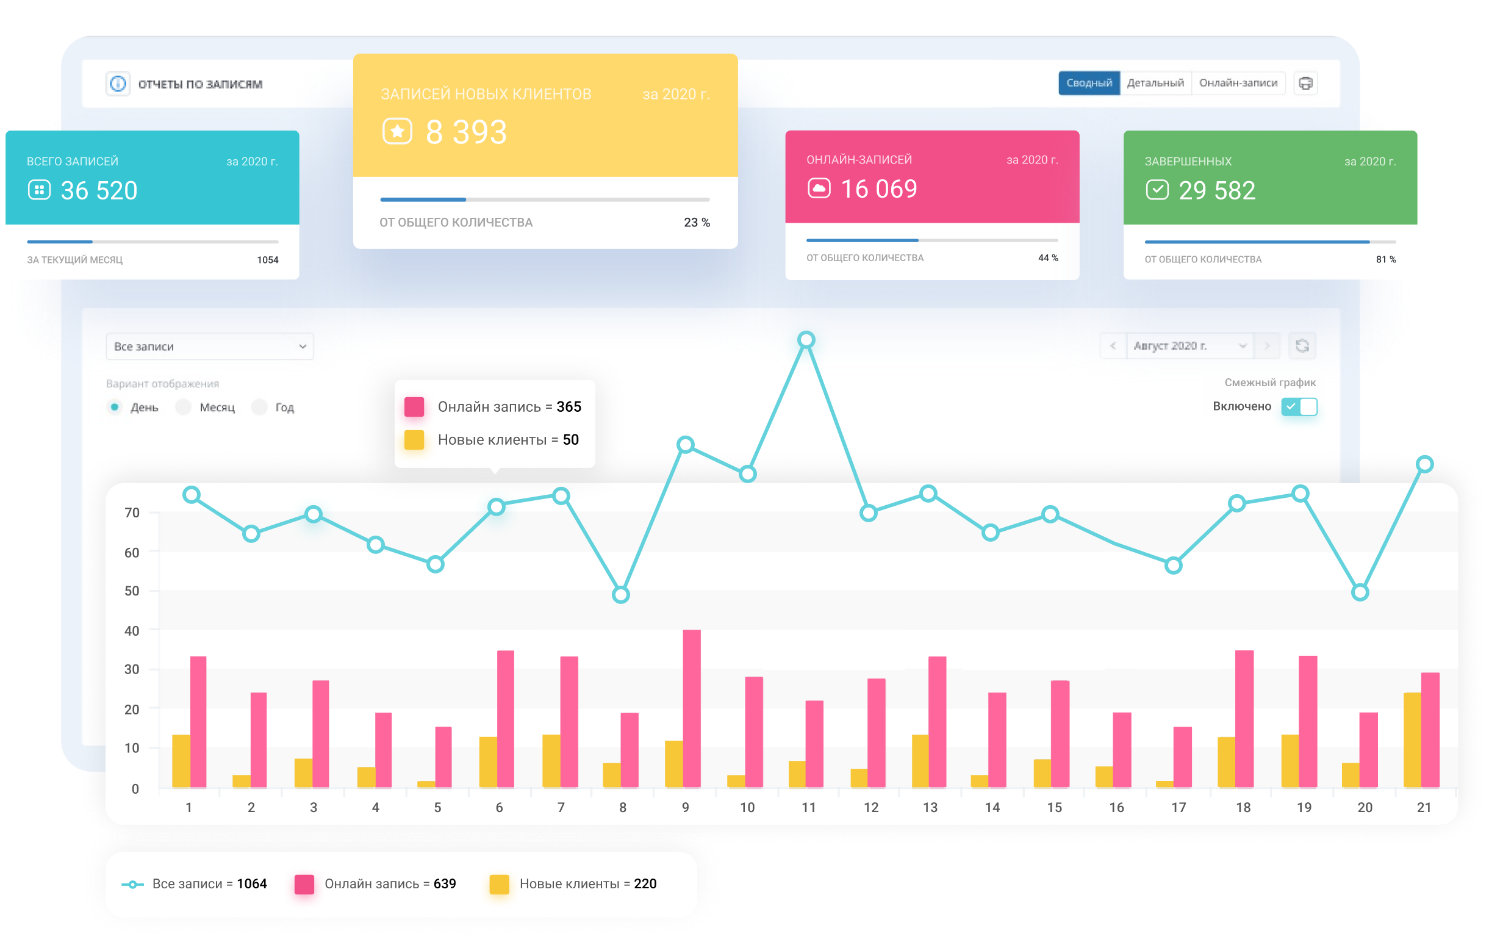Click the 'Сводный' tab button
coord(1088,83)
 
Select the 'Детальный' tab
coord(1155,83)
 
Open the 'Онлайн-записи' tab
coord(1237,83)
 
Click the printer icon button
coord(1305,83)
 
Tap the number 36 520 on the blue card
coord(99,190)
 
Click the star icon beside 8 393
coord(397,131)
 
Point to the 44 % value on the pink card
coord(1047,258)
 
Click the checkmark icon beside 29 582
coord(1157,190)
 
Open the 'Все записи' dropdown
coord(209,347)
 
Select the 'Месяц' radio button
coord(184,407)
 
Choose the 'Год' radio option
coord(260,407)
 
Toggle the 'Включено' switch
coord(1299,406)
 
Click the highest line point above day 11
coord(806,340)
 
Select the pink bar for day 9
coord(691,708)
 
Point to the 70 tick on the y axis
coord(132,512)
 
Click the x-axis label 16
coord(1116,807)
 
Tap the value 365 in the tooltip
coord(569,407)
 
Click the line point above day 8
coord(620,595)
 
